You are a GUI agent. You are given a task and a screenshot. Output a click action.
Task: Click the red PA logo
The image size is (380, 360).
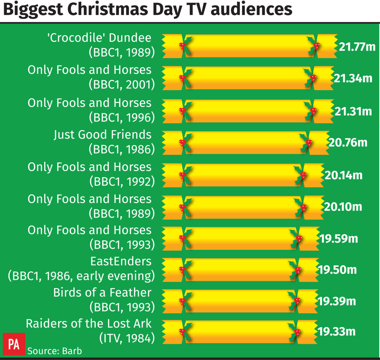14,344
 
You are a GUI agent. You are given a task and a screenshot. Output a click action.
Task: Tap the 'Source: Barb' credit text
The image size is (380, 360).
55,351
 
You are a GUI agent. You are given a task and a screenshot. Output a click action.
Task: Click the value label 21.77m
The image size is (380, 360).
357,47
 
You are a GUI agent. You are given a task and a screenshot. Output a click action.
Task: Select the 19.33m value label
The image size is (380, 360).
337,332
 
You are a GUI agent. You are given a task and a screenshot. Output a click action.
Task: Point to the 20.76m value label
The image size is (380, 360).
348,143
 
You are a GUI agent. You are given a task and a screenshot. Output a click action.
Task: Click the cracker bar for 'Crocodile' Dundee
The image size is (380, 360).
249,46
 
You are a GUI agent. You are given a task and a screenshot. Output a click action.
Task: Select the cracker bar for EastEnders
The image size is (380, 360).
240,270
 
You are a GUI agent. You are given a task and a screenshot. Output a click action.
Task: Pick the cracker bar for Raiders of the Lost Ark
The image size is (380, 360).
239,332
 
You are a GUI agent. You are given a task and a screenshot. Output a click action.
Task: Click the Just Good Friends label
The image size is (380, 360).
103,135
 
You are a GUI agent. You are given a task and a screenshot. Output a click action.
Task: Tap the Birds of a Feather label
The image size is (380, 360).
102,292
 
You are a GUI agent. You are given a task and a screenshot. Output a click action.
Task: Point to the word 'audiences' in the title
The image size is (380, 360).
251,10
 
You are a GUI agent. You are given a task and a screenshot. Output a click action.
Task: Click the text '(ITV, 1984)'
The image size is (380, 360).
127,338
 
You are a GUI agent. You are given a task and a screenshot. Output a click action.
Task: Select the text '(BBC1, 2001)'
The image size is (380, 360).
122,84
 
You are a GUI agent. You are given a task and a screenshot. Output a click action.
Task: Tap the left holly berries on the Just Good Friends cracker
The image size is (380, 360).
182,143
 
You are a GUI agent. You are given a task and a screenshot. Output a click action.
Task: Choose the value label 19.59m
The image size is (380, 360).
339,239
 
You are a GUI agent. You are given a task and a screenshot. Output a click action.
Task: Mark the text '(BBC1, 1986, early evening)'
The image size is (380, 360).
81,276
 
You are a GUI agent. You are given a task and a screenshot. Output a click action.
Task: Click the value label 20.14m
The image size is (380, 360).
344,175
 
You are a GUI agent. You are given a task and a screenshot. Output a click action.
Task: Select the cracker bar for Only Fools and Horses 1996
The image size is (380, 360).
248,111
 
